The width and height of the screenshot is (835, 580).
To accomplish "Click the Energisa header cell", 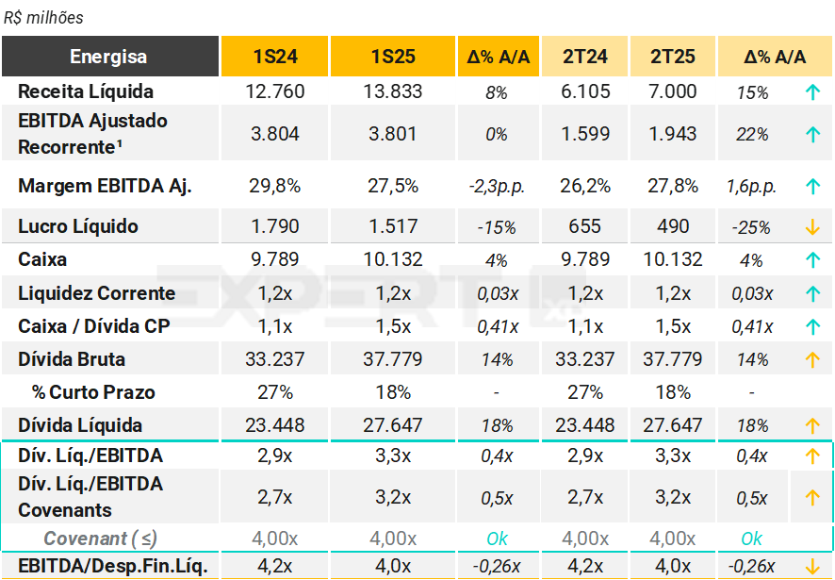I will coord(109,57).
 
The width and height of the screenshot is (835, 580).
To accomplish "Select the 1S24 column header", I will coord(275,57).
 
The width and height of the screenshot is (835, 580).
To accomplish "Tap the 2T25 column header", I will coord(673,57).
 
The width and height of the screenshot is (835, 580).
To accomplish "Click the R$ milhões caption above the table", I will coord(43,17).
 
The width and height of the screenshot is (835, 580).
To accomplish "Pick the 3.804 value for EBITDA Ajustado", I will coord(275,134).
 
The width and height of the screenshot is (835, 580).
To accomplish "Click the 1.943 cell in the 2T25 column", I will coord(673,134).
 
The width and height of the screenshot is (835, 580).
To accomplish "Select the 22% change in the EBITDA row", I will coord(752,135).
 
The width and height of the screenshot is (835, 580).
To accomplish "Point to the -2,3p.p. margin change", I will coord(497,187).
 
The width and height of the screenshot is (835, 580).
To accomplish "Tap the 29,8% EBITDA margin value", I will coord(275,186).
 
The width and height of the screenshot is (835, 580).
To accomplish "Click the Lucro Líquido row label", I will coord(78,226).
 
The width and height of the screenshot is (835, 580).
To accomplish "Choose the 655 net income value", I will coord(585,226).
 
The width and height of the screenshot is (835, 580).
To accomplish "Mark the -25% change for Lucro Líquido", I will coord(752,227).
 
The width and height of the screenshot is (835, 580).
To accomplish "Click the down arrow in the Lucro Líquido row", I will coord(812,227).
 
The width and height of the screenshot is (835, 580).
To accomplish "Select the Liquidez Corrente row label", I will coord(96,293).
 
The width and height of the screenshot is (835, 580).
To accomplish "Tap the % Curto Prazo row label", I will coord(93,392).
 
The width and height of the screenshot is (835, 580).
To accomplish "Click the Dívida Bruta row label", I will coord(72,359).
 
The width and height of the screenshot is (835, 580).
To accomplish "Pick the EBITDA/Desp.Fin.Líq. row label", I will coord(112,566).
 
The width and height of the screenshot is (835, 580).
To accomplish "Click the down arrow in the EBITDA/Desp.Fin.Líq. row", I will coord(812,566).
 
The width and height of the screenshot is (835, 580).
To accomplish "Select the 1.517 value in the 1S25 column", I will coord(393,226).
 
